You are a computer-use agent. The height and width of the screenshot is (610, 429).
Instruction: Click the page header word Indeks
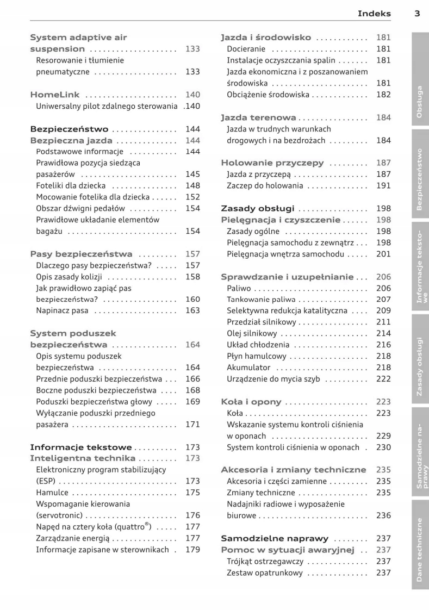click(x=374, y=14)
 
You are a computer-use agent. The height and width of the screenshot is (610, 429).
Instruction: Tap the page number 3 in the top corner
click(x=416, y=14)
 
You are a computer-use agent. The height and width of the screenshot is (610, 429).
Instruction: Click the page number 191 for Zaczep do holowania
click(x=383, y=185)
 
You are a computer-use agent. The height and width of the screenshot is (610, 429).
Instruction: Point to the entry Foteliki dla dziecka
click(x=70, y=185)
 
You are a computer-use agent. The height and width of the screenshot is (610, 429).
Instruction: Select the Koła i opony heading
click(x=251, y=402)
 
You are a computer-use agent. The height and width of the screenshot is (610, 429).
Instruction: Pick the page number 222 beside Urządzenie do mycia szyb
click(x=383, y=379)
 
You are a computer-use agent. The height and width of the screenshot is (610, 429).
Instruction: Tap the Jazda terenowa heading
click(x=258, y=117)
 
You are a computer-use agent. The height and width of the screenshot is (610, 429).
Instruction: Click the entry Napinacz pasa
click(x=63, y=311)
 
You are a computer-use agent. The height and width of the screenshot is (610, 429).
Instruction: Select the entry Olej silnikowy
click(x=252, y=333)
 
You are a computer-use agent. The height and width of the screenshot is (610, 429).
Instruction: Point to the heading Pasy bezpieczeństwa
click(x=81, y=254)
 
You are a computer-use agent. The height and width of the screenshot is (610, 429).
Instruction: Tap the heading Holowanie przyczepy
click(x=272, y=163)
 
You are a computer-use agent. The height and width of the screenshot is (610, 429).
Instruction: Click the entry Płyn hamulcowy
click(x=252, y=356)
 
